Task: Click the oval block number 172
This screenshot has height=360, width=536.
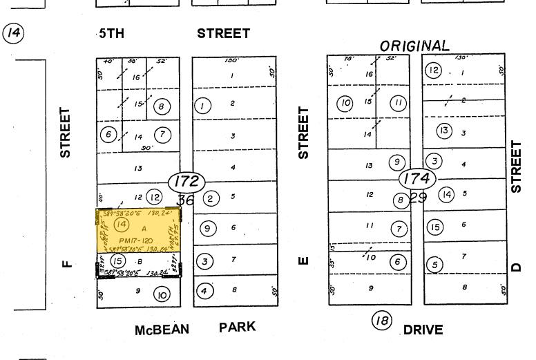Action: [186, 182]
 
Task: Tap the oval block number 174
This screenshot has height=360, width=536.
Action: [417, 179]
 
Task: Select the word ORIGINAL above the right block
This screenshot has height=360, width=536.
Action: [414, 46]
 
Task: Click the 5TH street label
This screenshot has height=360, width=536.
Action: [111, 33]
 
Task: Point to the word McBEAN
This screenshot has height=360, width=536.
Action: [162, 330]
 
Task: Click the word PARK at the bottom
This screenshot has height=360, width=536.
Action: [237, 326]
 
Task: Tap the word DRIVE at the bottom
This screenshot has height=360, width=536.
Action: [423, 330]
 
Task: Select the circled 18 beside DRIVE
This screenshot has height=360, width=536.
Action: [381, 321]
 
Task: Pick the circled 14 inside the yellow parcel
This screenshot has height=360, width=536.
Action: [122, 225]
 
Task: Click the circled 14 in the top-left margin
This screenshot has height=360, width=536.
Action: [13, 32]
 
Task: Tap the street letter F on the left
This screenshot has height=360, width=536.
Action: [66, 262]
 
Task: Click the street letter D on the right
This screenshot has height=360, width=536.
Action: [516, 265]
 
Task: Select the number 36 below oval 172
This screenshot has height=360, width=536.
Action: [186, 200]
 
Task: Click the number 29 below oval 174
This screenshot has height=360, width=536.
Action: [418, 197]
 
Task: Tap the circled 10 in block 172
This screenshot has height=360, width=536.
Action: [162, 295]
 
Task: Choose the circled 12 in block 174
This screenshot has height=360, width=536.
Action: [433, 70]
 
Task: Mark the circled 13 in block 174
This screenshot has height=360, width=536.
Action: [443, 131]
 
